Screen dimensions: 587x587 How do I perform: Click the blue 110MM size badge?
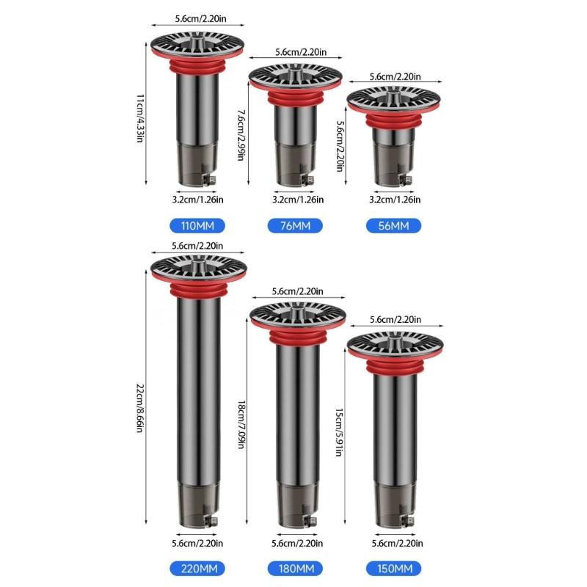[x=197, y=226]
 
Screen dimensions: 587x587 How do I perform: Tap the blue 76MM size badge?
[x=295, y=226]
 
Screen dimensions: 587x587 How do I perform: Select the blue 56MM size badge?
[x=393, y=226]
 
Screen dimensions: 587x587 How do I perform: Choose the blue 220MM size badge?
[x=197, y=569]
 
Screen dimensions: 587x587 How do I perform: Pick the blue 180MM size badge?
[x=295, y=569]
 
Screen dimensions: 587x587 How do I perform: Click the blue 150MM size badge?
[x=393, y=569]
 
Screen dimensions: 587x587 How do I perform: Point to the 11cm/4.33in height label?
[x=139, y=118]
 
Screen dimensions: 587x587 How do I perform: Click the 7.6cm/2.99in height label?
[x=241, y=135]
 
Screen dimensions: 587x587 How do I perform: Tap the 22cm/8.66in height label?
[x=139, y=408]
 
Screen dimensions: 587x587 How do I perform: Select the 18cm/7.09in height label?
[x=241, y=425]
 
